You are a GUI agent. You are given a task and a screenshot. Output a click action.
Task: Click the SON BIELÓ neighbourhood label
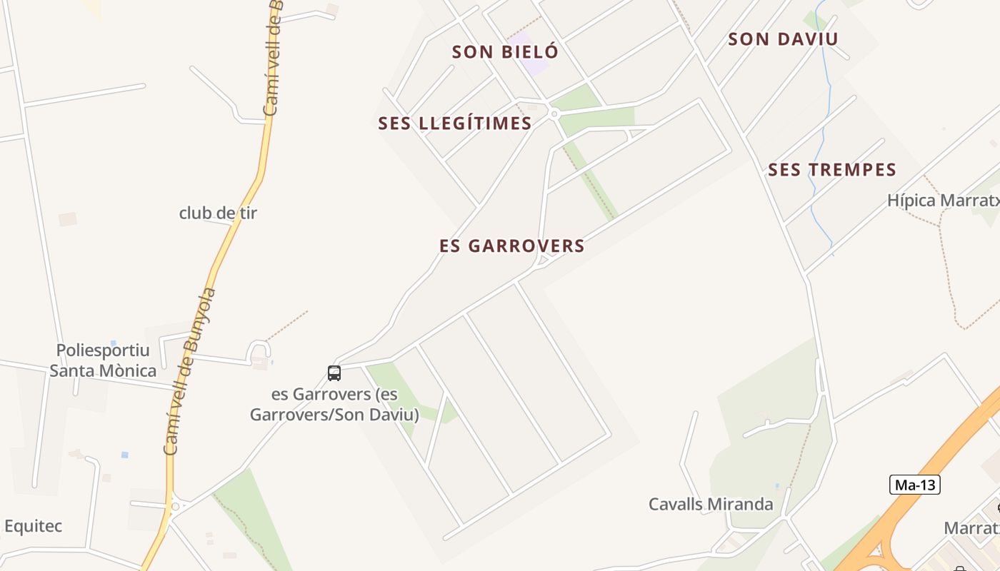tap(505, 51)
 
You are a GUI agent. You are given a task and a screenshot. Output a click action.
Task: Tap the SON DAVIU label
tap(783, 39)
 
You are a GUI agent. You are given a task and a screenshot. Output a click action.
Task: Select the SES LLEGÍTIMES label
tap(455, 123)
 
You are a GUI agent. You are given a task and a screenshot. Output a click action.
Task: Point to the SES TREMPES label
tap(832, 170)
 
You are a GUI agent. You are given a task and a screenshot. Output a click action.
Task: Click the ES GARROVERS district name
tap(512, 246)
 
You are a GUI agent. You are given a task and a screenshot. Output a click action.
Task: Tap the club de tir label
tap(218, 213)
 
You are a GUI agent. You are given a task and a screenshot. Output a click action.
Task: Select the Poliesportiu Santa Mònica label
tap(103, 360)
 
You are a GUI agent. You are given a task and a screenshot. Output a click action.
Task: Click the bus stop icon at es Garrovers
tap(334, 373)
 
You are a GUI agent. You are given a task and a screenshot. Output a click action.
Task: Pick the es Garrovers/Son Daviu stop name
tap(334, 404)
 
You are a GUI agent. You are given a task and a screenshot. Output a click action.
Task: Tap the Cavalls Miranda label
tap(710, 504)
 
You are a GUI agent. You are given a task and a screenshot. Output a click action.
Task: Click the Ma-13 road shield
tap(915, 485)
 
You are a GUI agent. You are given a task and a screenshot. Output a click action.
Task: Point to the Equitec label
tap(34, 526)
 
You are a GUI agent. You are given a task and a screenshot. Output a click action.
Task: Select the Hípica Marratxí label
tap(943, 201)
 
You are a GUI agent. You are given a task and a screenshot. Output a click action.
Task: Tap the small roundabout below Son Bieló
tap(554, 113)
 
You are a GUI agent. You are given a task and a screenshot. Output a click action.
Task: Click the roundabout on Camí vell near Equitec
tap(175, 507)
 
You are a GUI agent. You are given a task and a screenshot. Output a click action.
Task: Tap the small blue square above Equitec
tap(125, 455)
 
